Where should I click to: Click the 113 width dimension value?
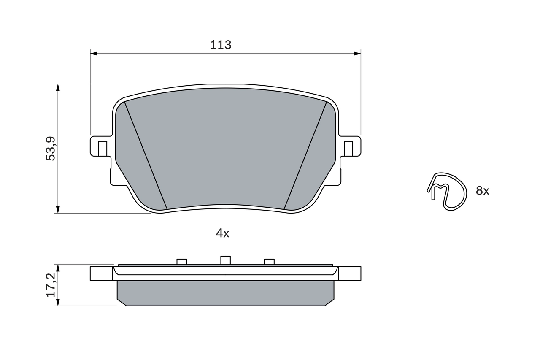(x=221, y=45)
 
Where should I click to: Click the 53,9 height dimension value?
(x=51, y=148)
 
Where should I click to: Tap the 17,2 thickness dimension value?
(x=51, y=284)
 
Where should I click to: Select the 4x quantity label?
(x=222, y=233)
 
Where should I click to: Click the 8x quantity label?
(x=482, y=191)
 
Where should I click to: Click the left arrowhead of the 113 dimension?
(x=94, y=54)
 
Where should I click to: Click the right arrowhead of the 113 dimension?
(x=357, y=54)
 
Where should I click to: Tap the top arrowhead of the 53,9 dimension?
(x=58, y=87)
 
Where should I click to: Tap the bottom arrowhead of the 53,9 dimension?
(x=58, y=209)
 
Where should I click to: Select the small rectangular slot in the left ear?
(x=102, y=148)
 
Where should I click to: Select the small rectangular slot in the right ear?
(x=348, y=148)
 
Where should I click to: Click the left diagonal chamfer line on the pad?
(x=146, y=155)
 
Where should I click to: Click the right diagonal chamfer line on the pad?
(x=306, y=155)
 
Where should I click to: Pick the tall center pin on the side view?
(x=226, y=260)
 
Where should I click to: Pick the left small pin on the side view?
(x=182, y=262)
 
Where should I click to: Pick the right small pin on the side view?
(x=269, y=262)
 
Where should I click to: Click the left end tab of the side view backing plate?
(x=101, y=273)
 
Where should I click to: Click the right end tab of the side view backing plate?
(x=350, y=273)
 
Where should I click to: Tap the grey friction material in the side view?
(x=225, y=292)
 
